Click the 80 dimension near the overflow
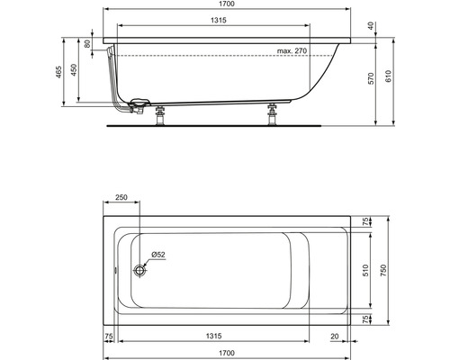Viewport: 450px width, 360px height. coord(87,43)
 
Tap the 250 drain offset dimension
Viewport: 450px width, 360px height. coord(122,198)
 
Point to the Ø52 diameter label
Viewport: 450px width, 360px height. coord(157,256)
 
